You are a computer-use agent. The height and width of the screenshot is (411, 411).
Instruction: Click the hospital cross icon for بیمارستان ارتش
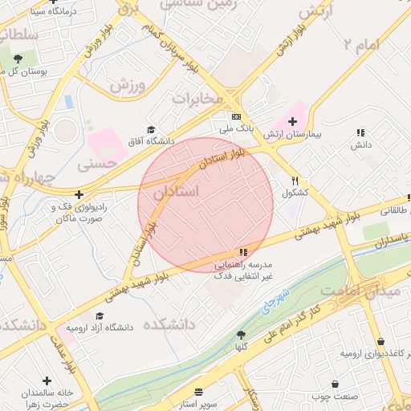coord(292,120)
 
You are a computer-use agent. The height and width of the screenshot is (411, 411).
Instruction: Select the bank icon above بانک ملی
coord(236,116)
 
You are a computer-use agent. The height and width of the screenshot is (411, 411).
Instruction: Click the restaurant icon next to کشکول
coord(295,181)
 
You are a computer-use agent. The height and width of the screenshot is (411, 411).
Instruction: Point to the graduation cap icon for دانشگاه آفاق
coord(150,129)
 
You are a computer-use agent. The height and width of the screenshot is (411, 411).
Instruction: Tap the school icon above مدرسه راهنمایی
coord(243,252)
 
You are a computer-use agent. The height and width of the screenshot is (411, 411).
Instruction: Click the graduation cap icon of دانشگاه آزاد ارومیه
coord(100,316)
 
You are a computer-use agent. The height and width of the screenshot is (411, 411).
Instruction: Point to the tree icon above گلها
coord(241,334)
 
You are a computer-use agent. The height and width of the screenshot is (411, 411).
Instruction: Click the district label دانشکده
coord(169,324)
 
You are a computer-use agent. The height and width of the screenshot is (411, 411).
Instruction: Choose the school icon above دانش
coord(360,132)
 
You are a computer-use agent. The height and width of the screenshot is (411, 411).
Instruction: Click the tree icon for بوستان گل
coord(18,59)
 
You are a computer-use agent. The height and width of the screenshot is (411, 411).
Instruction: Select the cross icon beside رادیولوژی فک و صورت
coord(79,194)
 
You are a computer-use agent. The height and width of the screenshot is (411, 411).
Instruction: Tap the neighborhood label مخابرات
coord(197,98)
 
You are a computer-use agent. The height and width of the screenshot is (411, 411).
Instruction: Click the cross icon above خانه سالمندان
coord(47,379)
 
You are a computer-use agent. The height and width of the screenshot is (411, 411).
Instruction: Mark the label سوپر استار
coord(195,404)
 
